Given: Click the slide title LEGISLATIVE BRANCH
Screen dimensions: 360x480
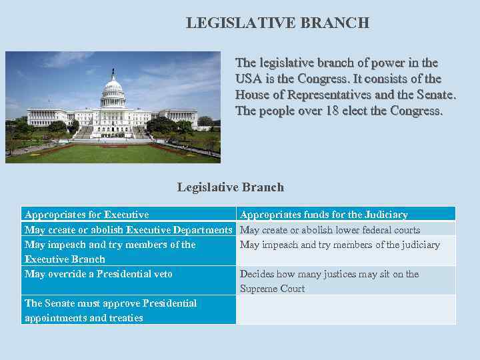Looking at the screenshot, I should point(277,23).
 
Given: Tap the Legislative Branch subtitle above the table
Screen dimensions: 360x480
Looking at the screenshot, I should point(230,187).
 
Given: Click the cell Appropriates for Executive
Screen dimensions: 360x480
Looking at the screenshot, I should point(87,215).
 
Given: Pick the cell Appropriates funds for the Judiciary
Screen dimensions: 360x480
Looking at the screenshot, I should point(324,215).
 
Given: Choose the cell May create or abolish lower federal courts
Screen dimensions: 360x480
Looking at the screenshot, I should point(330,229).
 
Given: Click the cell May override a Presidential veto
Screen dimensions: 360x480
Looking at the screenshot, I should point(99,274).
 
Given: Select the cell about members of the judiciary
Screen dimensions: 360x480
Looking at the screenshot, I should point(340,245).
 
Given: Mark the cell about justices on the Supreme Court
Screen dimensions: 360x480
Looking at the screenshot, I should point(329,281).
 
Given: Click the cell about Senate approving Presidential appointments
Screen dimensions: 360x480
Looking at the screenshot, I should point(111,310).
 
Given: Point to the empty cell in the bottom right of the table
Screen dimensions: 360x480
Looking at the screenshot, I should point(346,310).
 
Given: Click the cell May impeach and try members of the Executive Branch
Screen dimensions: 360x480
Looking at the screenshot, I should point(110,251).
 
